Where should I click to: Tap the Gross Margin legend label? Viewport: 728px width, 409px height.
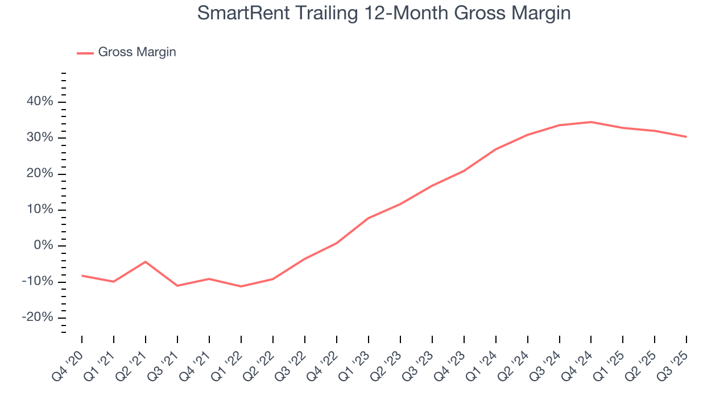137,52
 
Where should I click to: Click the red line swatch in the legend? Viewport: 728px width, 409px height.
85,53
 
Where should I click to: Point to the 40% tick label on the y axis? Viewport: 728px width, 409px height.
39,102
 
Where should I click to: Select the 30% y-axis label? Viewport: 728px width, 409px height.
39,138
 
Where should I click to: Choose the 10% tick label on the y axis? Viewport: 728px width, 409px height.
39,210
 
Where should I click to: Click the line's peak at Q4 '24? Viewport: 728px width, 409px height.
591,122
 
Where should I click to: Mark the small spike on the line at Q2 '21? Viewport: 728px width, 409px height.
146,261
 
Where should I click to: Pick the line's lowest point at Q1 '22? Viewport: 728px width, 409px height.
241,286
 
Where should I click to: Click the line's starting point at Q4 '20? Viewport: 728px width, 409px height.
82,276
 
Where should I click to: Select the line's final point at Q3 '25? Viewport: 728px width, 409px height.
686,136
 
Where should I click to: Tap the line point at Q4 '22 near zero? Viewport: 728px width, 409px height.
337,243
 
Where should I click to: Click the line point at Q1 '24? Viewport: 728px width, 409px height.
496,149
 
